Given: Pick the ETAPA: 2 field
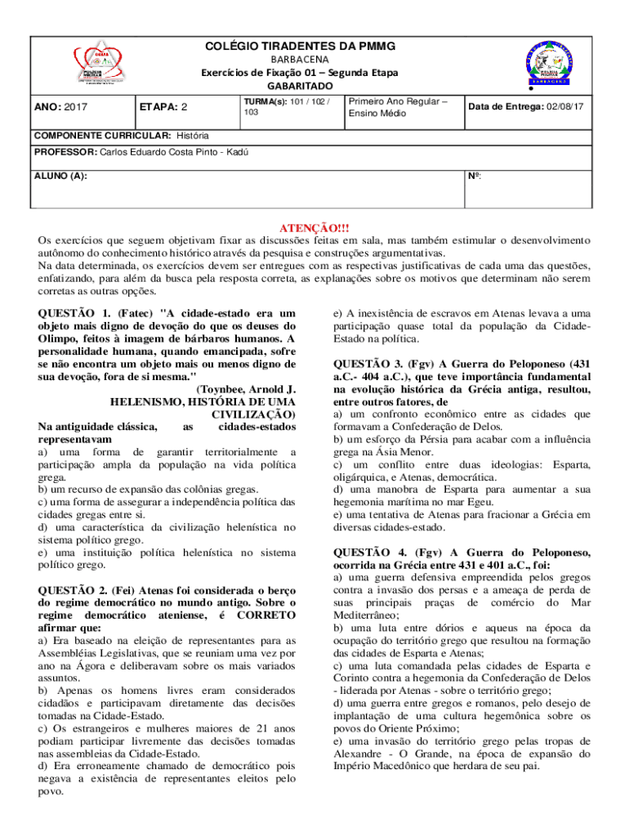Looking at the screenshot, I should coord(163,107).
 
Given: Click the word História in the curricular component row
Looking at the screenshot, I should coord(192,134).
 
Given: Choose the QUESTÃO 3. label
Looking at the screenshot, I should coord(369,364).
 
